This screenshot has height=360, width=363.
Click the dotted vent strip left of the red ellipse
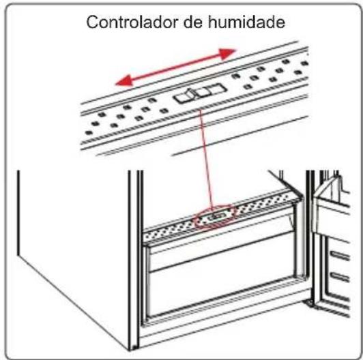(171, 226)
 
